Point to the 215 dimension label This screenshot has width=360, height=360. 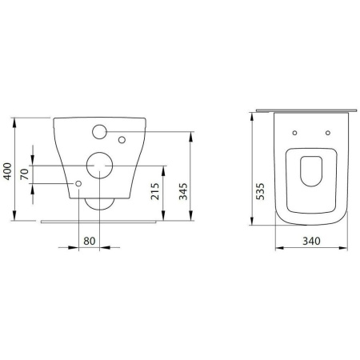point(156,191)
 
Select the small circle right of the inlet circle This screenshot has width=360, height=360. point(122,141)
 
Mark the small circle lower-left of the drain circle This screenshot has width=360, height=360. point(78,184)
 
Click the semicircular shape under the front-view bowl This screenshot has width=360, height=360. point(99,203)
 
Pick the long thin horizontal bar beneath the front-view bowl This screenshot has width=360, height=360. point(101,218)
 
